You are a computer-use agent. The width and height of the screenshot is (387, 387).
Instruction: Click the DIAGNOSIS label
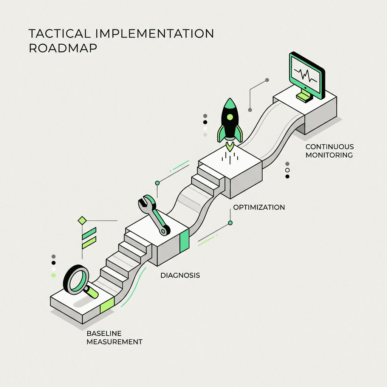(x=180, y=275)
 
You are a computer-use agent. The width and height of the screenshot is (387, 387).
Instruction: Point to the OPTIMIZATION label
(x=259, y=207)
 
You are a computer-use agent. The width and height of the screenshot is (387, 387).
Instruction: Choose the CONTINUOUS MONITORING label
(x=329, y=151)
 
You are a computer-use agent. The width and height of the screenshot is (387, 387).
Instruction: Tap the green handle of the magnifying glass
(x=91, y=291)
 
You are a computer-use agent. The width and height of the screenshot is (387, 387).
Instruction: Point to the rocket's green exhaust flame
(x=229, y=145)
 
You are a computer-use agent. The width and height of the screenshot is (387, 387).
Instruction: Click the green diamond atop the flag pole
(x=82, y=220)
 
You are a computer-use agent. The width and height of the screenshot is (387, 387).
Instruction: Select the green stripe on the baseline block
(x=107, y=305)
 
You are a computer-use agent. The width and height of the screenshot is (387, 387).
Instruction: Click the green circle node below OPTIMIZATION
(x=230, y=223)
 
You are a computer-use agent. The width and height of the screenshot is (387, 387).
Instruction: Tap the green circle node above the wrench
(x=158, y=183)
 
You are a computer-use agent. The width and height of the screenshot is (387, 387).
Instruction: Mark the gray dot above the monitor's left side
(x=267, y=80)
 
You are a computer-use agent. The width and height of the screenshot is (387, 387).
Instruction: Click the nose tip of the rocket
(x=229, y=99)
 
